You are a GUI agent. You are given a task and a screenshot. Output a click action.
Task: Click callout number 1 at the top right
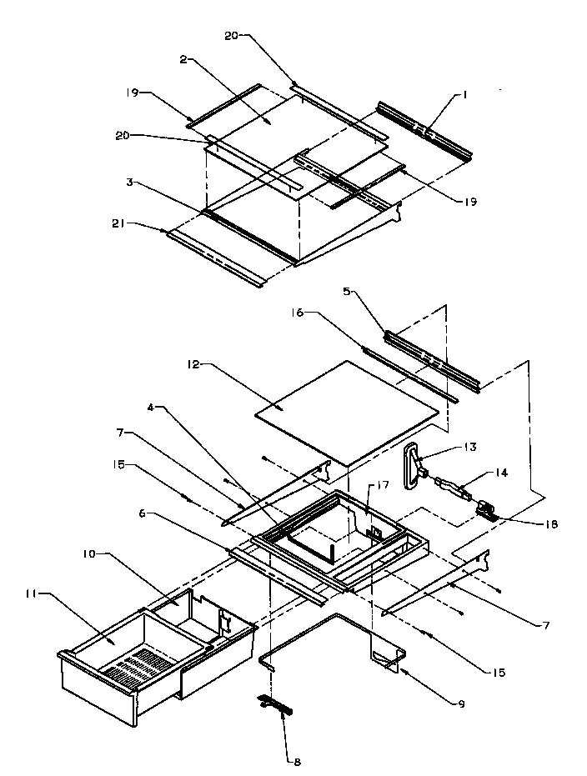464,96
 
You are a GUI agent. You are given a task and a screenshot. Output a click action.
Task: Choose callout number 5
345,292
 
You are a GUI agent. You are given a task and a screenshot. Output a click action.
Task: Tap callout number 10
90,553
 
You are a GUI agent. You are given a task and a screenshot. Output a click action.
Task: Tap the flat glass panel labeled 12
346,411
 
